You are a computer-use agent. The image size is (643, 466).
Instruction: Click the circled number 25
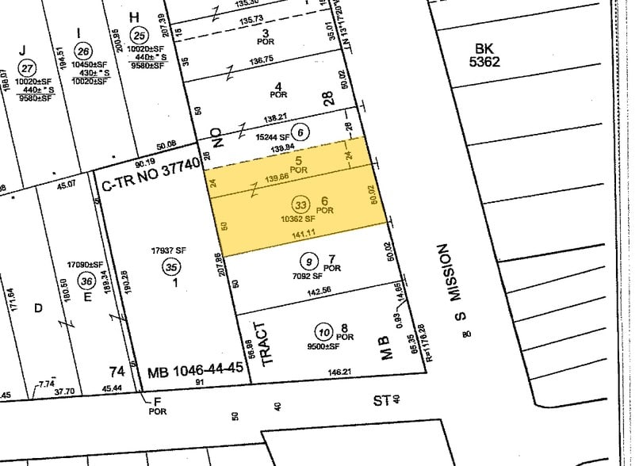click(x=140, y=35)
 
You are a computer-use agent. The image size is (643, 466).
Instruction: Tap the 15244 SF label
click(x=271, y=136)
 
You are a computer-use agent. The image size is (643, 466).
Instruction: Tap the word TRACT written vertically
click(x=266, y=342)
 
